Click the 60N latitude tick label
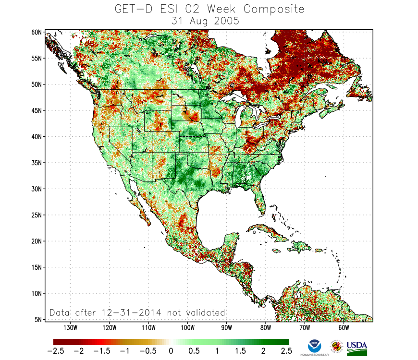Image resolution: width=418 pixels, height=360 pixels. (x=37, y=32)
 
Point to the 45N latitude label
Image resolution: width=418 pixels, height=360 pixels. (x=37, y=110)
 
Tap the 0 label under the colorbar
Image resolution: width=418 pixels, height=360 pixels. (x=170, y=351)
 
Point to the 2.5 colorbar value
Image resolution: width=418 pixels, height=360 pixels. (x=285, y=351)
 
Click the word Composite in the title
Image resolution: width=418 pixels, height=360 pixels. (x=274, y=9)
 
